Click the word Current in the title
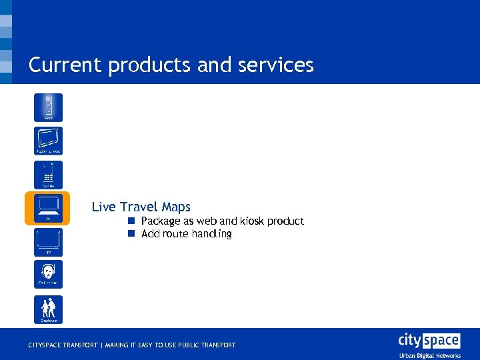tap(63, 65)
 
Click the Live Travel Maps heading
tap(141, 207)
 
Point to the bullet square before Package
tap(132, 221)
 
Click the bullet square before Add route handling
tap(132, 234)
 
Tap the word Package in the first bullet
tap(161, 221)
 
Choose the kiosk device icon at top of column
tap(49, 107)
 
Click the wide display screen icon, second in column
tap(49, 141)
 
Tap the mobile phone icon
tap(49, 174)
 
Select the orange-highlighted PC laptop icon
tap(48, 208)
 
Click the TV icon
tap(49, 242)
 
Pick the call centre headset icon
tap(49, 274)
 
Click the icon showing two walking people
tap(49, 309)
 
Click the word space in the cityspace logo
tap(441, 341)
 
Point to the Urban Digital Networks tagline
tap(430, 355)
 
